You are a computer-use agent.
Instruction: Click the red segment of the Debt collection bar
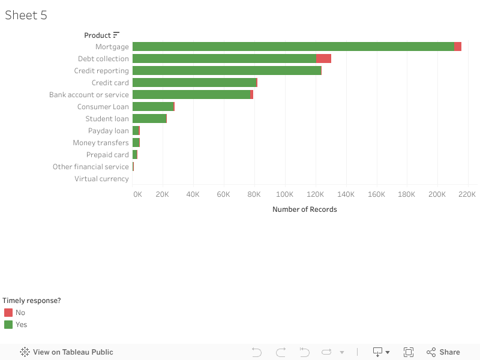[x=324, y=59]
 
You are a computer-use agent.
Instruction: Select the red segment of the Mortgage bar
[x=458, y=47]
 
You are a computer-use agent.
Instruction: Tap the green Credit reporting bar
[x=227, y=71]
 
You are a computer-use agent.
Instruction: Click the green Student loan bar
[x=149, y=119]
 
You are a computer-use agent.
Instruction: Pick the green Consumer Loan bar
[x=153, y=107]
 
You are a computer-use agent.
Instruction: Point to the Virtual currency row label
[x=101, y=179]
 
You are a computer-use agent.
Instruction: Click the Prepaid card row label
[x=107, y=155]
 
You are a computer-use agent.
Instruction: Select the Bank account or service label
[x=89, y=95]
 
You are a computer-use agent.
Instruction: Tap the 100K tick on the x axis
[x=284, y=194]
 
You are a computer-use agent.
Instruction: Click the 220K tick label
[x=467, y=194]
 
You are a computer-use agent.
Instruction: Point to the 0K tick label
[x=137, y=194]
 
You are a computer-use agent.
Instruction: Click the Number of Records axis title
[x=305, y=209]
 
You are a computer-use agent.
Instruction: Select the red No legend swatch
[x=8, y=313]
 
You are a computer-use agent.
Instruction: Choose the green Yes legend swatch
[x=8, y=325]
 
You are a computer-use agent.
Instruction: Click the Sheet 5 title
[x=26, y=16]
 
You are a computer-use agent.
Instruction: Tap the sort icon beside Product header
[x=116, y=35]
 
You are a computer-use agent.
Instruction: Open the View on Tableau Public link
[x=67, y=352]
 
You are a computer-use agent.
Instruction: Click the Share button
[x=443, y=352]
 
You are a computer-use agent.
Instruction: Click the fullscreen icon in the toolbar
[x=409, y=352]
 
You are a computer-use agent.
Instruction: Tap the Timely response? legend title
[x=32, y=301]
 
